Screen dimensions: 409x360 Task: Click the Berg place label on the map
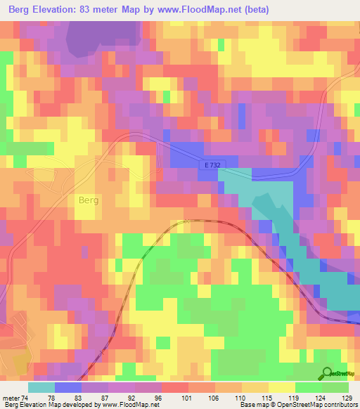(x=86, y=200)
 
